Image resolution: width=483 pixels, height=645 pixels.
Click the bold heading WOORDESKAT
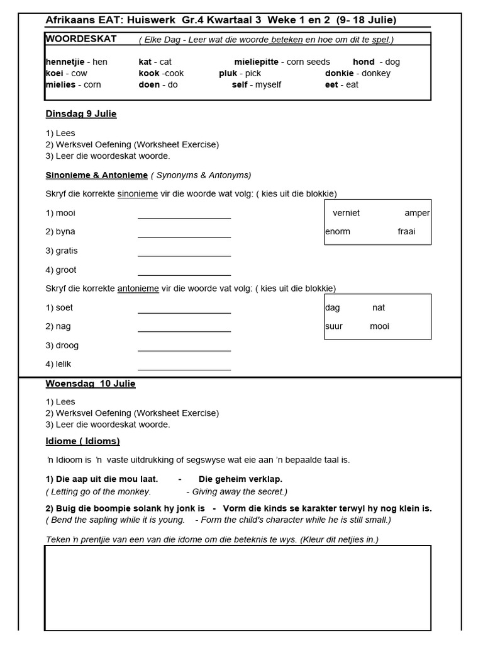[81, 39]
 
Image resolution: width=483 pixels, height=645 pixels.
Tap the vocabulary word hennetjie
[64, 62]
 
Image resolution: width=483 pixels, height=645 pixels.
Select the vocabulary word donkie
[339, 73]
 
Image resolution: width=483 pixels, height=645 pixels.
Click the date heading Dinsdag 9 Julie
[81, 114]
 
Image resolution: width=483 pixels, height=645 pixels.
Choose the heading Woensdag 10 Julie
[91, 384]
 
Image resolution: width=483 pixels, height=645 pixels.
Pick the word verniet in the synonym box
[347, 213]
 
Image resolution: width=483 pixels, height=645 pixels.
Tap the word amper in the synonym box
[417, 213]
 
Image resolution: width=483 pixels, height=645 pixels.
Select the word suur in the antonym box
[334, 326]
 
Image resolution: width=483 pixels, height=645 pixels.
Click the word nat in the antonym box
[379, 307]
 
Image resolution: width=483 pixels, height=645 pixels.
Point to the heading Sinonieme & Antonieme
[97, 174]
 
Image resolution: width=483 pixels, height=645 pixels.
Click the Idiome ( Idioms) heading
[82, 441]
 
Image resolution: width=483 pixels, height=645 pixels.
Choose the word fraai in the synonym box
[406, 231]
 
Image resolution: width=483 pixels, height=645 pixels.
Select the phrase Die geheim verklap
[240, 479]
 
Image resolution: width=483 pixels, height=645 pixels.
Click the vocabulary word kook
[149, 73]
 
